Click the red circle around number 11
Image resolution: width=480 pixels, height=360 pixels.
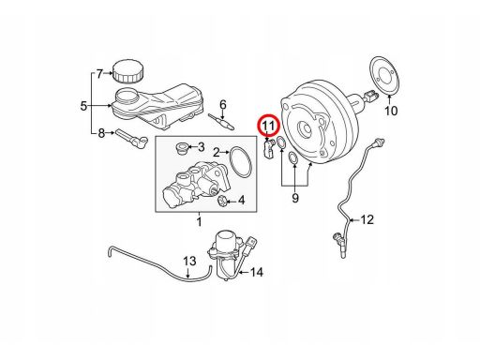(258, 126)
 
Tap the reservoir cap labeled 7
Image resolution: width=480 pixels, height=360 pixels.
(127, 71)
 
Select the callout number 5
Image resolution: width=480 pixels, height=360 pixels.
(83, 106)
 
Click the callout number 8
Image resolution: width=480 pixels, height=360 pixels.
(101, 133)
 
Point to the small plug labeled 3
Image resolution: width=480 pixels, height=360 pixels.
(182, 148)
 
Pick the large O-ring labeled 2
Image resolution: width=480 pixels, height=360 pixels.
(241, 162)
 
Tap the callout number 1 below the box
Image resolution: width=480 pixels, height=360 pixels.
(199, 221)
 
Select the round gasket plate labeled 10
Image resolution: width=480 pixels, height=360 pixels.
(384, 75)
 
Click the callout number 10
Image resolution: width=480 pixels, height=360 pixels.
(391, 111)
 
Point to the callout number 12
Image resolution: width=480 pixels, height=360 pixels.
(367, 219)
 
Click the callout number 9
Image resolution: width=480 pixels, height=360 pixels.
(295, 198)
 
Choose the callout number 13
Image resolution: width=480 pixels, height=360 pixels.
(189, 261)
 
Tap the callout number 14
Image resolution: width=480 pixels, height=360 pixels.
(257, 272)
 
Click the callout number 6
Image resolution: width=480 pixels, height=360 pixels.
(222, 104)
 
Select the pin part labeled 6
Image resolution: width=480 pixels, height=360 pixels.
(221, 122)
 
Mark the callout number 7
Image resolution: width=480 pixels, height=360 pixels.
(99, 74)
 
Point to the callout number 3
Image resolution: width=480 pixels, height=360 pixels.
(201, 146)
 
